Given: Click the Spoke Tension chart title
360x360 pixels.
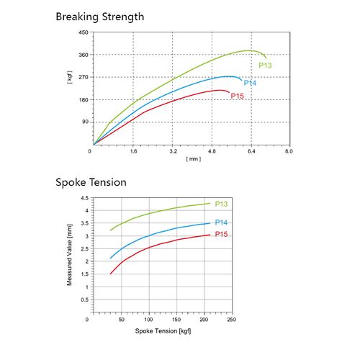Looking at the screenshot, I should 91,182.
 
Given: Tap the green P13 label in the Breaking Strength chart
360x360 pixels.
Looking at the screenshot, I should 265,66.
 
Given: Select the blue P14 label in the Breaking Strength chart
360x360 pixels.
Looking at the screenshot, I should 249,83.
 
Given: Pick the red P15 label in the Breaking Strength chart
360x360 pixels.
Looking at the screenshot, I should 237,96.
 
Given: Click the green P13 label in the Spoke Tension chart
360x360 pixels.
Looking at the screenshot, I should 221,204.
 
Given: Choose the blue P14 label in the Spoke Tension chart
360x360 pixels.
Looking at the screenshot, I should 221,222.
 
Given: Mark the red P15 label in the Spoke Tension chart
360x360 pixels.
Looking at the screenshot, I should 221,235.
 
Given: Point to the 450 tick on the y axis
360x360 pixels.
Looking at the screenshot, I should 83,33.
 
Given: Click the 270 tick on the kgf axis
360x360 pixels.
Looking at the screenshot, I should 83,77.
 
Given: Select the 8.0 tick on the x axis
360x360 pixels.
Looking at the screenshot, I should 289,152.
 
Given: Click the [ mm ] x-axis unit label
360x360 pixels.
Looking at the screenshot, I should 193,158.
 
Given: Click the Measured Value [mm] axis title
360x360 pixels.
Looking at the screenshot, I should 70,255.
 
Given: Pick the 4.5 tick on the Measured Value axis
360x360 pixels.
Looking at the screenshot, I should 84,198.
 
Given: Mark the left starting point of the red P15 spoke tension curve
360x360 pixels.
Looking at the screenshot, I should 110,274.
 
